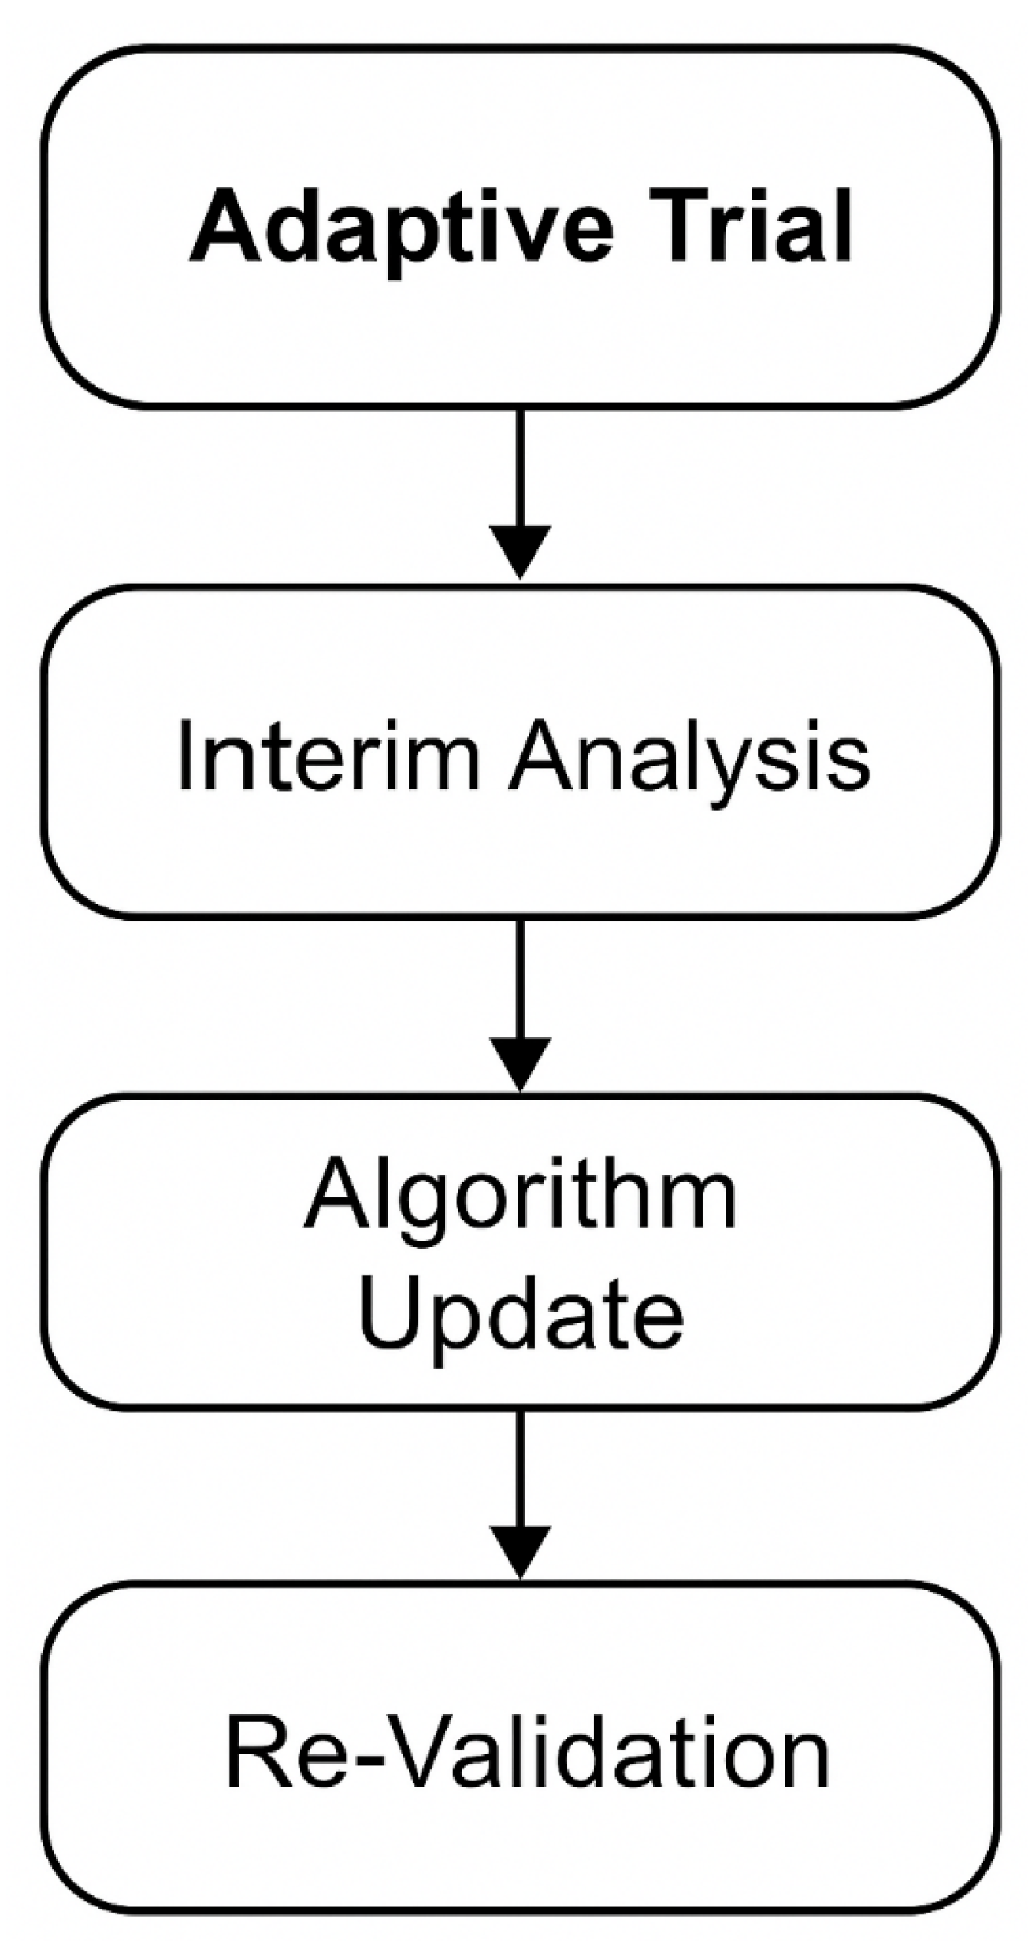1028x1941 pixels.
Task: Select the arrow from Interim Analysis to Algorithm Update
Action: [x=520, y=1005]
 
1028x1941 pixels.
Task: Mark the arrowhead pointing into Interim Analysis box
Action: [x=520, y=552]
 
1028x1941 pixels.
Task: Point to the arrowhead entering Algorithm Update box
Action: [x=520, y=1064]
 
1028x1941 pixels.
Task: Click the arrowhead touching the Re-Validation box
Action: [x=520, y=1552]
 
